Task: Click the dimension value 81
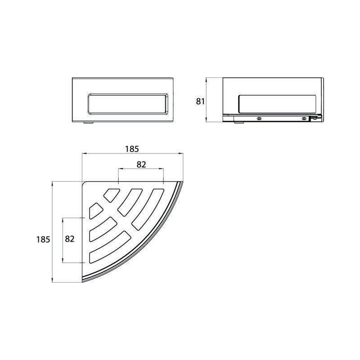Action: [x=200, y=101]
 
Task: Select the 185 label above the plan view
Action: [x=132, y=149]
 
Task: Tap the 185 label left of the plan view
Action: [x=43, y=239]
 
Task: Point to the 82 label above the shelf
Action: [x=141, y=164]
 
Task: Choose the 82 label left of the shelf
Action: [x=70, y=239]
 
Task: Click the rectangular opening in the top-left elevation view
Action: [x=128, y=104]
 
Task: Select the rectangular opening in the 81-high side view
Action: [x=277, y=104]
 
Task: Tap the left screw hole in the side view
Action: [x=259, y=119]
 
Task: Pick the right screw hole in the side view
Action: [x=304, y=119]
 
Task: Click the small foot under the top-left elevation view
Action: [x=88, y=123]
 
